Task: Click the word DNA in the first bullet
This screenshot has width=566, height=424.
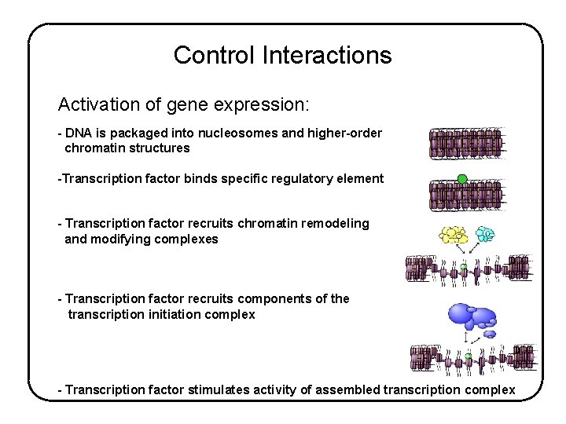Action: tap(79, 133)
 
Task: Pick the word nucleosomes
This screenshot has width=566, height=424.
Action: tap(235, 133)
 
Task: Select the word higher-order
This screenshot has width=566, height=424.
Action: tap(345, 133)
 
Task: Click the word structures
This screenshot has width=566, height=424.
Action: tap(161, 148)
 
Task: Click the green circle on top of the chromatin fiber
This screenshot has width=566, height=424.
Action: tap(462, 179)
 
